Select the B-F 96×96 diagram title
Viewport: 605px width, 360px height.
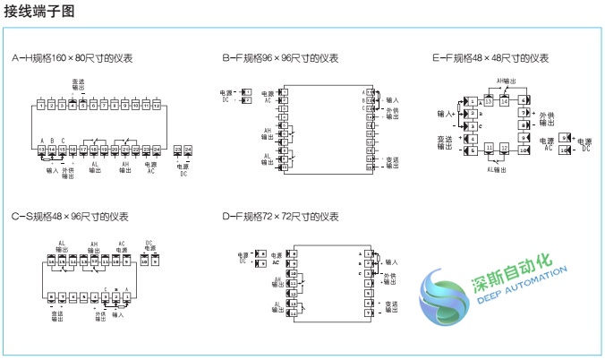pyautogui.click(x=280, y=58)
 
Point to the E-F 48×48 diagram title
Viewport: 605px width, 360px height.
pyautogui.click(x=490, y=58)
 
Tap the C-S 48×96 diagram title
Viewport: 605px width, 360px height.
pyautogui.click(x=70, y=217)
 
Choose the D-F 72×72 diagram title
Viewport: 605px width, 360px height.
pyautogui.click(x=280, y=217)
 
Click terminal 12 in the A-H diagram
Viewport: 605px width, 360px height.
pyautogui.click(x=156, y=105)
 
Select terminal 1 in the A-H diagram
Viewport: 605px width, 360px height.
pyautogui.click(x=42, y=105)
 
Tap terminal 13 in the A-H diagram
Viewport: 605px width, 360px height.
pyautogui.click(x=42, y=149)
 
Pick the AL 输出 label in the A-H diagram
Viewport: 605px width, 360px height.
pyautogui.click(x=96, y=168)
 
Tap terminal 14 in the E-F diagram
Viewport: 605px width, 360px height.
pyautogui.click(x=504, y=101)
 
